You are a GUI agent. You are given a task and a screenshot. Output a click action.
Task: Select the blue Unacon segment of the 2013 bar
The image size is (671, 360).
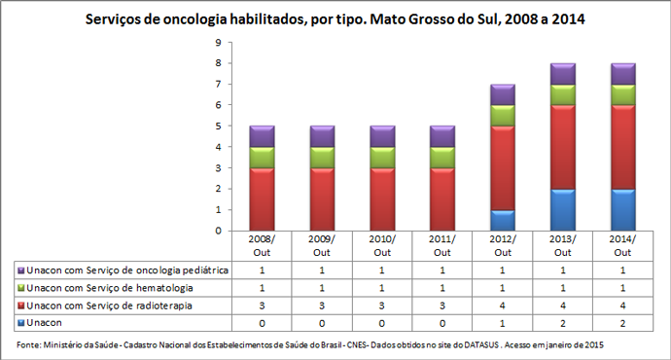562,209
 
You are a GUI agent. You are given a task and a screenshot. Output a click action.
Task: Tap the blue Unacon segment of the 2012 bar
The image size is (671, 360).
503,221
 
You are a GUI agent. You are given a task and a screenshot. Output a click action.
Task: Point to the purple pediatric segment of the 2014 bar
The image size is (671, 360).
621,74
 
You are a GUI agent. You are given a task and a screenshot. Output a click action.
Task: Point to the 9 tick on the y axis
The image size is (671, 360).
219,43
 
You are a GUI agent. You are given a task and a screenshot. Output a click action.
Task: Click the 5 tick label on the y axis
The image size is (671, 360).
219,126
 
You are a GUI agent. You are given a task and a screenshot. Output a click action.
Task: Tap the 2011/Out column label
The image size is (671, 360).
442,244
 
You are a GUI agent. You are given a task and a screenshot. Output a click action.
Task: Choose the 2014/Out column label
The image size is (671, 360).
621,244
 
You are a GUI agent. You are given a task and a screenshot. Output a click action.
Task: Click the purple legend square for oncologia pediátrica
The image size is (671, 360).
20,270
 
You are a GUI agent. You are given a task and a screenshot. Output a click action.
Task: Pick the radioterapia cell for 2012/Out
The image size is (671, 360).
503,306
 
